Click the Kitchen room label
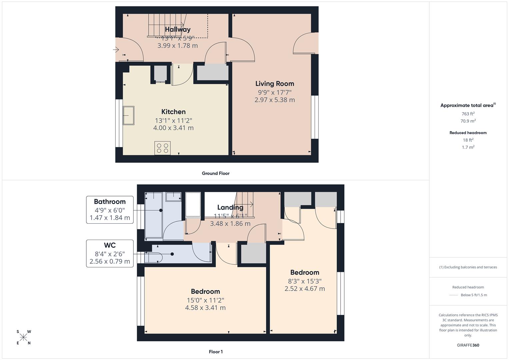[173, 112]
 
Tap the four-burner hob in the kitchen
[162, 148]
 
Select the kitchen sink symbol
[128, 115]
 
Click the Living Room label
[275, 84]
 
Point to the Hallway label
[178, 30]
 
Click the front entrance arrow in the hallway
[116, 50]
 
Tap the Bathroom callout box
[110, 210]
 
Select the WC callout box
[110, 253]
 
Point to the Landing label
[230, 207]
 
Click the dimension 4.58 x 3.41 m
[205, 308]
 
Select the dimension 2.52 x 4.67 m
[304, 289]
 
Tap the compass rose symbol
[24, 337]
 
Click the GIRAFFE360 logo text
[468, 345]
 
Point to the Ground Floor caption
[216, 173]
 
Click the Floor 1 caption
[216, 352]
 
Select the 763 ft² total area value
[468, 114]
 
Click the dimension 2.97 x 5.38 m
[275, 100]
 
